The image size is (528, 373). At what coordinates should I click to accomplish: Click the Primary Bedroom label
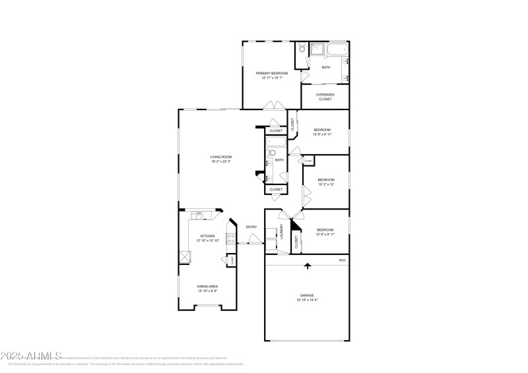click(x=272, y=72)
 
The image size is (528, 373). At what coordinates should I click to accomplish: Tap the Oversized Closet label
click(x=325, y=95)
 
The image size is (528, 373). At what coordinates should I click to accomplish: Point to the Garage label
click(x=307, y=295)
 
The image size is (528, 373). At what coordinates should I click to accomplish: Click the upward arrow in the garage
click(x=307, y=266)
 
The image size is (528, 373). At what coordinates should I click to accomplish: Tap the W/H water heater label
click(x=342, y=260)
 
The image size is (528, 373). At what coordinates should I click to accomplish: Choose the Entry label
click(x=251, y=227)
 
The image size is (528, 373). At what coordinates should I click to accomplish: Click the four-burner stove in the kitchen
click(x=232, y=239)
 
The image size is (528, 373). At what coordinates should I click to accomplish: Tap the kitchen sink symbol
click(x=197, y=215)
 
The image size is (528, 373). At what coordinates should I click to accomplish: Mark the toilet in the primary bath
click(x=301, y=48)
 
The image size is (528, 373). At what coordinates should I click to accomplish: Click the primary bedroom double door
click(x=273, y=105)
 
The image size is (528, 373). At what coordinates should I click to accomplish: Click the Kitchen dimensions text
click(x=207, y=241)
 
